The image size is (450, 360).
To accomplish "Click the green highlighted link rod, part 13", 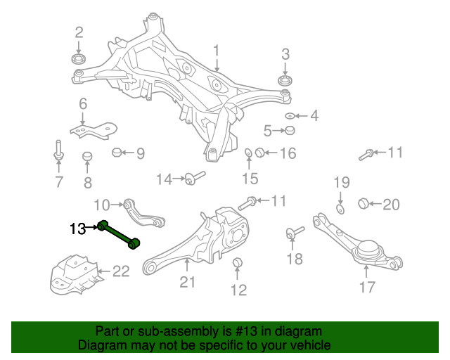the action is [x=119, y=235].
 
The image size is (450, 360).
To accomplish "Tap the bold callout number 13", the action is [x=77, y=229].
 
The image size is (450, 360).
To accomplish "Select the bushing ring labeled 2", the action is [x=79, y=59].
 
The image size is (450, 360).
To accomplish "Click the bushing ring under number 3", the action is [x=286, y=80].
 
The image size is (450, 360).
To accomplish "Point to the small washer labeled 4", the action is [x=290, y=116].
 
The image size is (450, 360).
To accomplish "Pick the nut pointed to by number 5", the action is [x=290, y=130].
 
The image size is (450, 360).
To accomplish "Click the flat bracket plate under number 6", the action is [x=94, y=131].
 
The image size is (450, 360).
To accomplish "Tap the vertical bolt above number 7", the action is [x=58, y=150].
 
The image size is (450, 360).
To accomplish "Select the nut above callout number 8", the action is [x=87, y=157].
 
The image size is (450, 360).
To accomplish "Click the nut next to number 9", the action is [x=117, y=152].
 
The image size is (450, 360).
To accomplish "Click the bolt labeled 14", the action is [x=195, y=178].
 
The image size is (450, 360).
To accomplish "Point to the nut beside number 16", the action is [x=259, y=153].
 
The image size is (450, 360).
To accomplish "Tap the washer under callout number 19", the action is [x=340, y=210].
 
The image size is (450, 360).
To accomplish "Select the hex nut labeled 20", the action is [x=363, y=203].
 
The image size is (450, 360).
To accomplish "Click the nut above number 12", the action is [x=237, y=262].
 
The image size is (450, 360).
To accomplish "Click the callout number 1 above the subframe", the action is [x=216, y=51].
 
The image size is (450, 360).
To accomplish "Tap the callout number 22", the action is [x=121, y=271].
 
